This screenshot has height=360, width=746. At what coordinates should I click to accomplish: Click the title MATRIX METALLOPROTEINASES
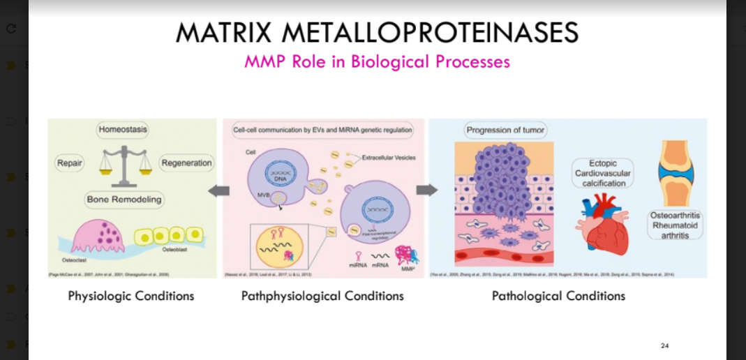(377, 32)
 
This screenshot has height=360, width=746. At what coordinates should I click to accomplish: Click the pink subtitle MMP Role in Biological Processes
(377, 61)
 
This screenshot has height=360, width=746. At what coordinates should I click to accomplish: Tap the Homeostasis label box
(123, 130)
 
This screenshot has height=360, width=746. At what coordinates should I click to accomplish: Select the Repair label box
(70, 163)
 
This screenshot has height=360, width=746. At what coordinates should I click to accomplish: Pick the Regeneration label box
(186, 163)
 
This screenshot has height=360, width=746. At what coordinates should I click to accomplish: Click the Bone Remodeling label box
(124, 200)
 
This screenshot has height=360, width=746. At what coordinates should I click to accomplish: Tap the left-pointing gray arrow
(218, 190)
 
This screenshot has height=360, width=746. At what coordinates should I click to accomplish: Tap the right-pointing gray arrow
(426, 190)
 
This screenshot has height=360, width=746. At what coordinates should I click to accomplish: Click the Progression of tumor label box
(506, 130)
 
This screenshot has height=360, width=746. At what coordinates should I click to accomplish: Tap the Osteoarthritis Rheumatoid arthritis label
(675, 225)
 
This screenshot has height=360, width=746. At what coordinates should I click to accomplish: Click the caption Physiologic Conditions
(131, 296)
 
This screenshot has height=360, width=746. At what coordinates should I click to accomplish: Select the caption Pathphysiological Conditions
(322, 296)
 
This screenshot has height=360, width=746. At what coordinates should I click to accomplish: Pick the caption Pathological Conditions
(558, 296)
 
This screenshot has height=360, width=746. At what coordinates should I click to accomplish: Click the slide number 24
(664, 345)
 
